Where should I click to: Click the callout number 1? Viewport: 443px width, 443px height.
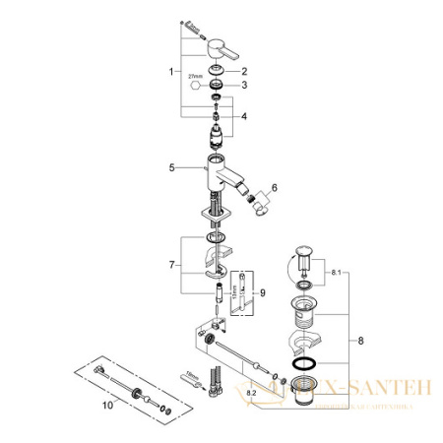[x=172, y=71]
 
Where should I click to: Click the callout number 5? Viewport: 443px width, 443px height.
[x=172, y=167]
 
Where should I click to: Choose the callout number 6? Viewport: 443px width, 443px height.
[x=275, y=186]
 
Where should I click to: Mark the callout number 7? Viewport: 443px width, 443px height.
[x=172, y=264]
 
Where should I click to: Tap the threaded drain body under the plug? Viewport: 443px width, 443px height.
[x=305, y=315]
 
